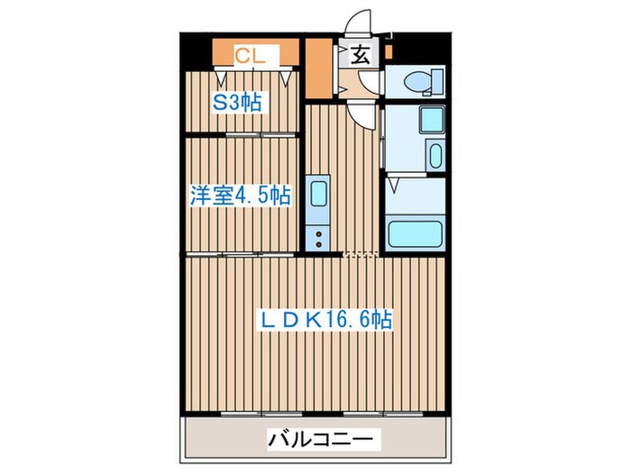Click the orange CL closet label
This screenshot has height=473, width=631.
pos(249,55)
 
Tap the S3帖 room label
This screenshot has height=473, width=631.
pos(237,102)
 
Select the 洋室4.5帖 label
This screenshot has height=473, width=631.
pos(240,195)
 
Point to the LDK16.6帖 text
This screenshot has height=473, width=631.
pos(325,319)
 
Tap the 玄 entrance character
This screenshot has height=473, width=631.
pos(360,55)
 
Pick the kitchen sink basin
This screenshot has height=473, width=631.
pos(319,194)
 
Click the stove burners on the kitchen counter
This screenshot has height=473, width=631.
pos(319,238)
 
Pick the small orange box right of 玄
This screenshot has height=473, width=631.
pos(387,52)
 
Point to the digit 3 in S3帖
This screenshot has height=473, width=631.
pos(233,102)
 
